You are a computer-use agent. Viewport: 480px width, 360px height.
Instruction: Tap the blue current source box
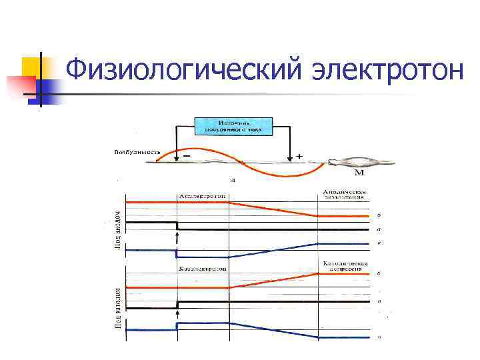pyautogui.click(x=233, y=127)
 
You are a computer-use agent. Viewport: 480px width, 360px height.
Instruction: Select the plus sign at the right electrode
pyautogui.click(x=299, y=157)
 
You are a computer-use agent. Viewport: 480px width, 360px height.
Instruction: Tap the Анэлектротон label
pyautogui.click(x=202, y=196)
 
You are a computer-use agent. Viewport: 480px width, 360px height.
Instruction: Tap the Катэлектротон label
pyautogui.click(x=203, y=268)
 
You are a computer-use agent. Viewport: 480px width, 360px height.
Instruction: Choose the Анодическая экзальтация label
pyautogui.click(x=343, y=194)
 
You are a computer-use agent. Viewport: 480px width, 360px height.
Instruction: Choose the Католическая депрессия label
pyautogui.click(x=345, y=265)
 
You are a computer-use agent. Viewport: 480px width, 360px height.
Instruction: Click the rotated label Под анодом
pyautogui.click(x=116, y=227)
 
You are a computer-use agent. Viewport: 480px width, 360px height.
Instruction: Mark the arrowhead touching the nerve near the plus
pyautogui.click(x=289, y=159)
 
